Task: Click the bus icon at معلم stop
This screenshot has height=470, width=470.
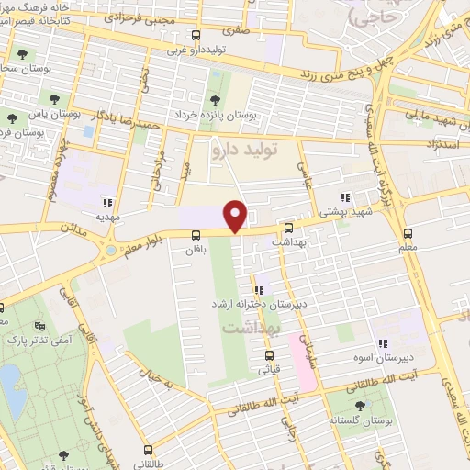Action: pos(408,233)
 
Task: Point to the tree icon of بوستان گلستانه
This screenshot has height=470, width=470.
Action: pos(359,405)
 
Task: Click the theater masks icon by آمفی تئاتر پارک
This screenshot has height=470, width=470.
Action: pos(39,325)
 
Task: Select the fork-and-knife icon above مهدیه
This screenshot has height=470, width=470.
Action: pos(107,204)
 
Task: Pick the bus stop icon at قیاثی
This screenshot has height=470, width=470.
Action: pos(269,355)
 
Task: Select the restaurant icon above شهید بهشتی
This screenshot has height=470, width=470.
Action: pos(345,197)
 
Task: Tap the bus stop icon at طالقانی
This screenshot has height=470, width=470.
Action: pos(150,451)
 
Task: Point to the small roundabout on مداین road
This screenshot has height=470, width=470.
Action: pos(110,249)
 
